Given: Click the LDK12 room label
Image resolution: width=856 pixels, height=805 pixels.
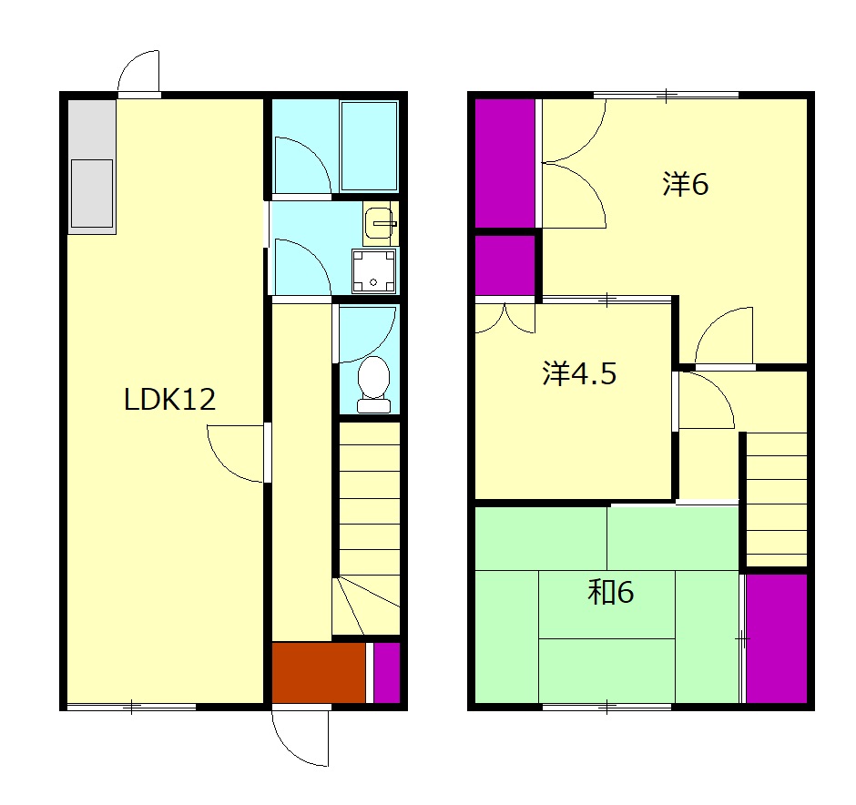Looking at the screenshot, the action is click(x=169, y=399).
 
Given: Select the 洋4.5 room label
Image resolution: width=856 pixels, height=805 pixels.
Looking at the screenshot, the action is click(x=579, y=373).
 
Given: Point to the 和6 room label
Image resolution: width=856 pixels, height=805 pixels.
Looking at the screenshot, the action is click(x=611, y=592).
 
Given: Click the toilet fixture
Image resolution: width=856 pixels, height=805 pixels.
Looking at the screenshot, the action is click(x=373, y=384).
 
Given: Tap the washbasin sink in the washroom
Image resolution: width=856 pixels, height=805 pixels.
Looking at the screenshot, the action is click(x=380, y=223).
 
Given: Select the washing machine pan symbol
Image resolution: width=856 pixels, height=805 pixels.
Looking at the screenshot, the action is click(x=373, y=270).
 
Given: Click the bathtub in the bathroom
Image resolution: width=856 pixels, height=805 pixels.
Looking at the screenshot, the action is click(x=369, y=146).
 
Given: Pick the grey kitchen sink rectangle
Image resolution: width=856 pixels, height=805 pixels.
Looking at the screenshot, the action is click(x=92, y=193).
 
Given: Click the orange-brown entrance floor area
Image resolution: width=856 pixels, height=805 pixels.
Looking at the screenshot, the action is click(x=319, y=673).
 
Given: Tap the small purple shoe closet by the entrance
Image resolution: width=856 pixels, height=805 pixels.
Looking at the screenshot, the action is click(x=386, y=673).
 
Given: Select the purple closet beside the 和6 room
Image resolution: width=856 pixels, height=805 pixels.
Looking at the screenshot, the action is click(x=776, y=638).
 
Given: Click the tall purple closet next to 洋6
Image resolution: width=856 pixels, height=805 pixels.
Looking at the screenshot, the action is click(x=505, y=163).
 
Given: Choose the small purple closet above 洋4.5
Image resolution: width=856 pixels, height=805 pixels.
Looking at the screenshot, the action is click(x=505, y=265).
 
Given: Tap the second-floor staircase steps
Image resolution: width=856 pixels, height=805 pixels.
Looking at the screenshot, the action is click(x=776, y=499).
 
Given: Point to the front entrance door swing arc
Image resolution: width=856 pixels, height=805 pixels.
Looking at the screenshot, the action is click(x=291, y=749).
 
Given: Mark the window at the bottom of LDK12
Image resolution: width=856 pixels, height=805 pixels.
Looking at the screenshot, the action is click(x=131, y=708).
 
